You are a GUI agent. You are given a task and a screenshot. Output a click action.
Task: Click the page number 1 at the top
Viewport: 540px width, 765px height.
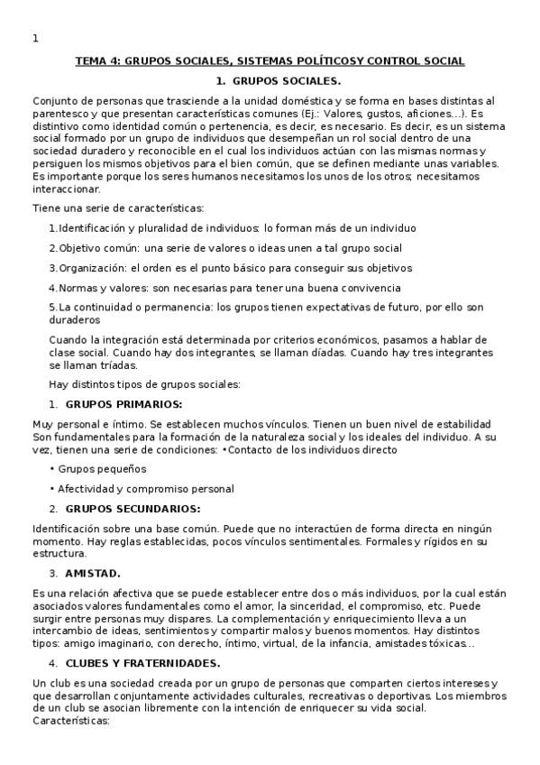coord(35,38)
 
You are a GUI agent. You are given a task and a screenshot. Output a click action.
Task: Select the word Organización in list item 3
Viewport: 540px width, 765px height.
coord(93,268)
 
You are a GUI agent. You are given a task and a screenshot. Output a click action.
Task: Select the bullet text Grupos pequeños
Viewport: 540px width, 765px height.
coord(102,469)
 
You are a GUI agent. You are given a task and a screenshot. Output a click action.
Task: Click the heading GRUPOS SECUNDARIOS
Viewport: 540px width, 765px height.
coord(133,509)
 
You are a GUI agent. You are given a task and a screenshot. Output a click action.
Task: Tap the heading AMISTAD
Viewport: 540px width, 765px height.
coord(93,573)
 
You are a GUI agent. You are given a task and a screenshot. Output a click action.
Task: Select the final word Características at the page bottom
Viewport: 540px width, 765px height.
coord(70,722)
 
